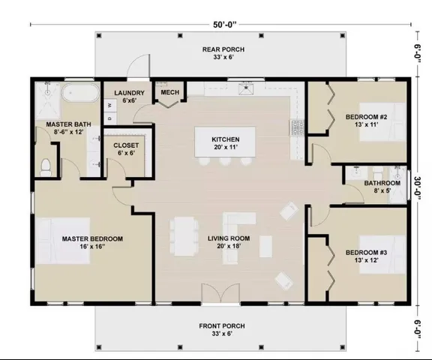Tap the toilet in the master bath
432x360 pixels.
(x=46, y=166)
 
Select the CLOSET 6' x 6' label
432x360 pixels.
(x=125, y=149)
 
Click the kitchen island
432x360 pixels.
(x=225, y=142)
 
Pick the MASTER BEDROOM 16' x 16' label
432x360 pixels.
(x=92, y=242)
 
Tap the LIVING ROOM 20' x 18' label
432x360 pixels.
(x=228, y=242)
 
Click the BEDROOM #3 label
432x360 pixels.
(x=365, y=256)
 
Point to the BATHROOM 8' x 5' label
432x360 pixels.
(x=382, y=186)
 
